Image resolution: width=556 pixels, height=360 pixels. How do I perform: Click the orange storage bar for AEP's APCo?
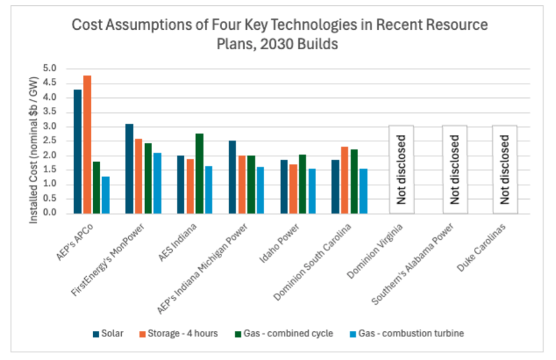pyautogui.click(x=87, y=145)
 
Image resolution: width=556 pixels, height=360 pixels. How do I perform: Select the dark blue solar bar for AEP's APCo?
pyautogui.click(x=78, y=151)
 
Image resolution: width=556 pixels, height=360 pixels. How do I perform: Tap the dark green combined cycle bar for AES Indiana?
pyautogui.click(x=199, y=173)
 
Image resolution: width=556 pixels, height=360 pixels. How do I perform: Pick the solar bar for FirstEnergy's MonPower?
pyautogui.click(x=129, y=169)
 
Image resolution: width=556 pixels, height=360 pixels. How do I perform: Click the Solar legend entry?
pyautogui.click(x=108, y=333)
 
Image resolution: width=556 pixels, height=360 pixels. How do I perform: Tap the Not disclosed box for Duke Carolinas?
pyautogui.click(x=505, y=169)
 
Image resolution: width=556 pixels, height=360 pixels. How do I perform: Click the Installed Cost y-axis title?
pyautogui.click(x=34, y=151)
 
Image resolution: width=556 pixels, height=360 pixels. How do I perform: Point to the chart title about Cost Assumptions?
pyautogui.click(x=280, y=33)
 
